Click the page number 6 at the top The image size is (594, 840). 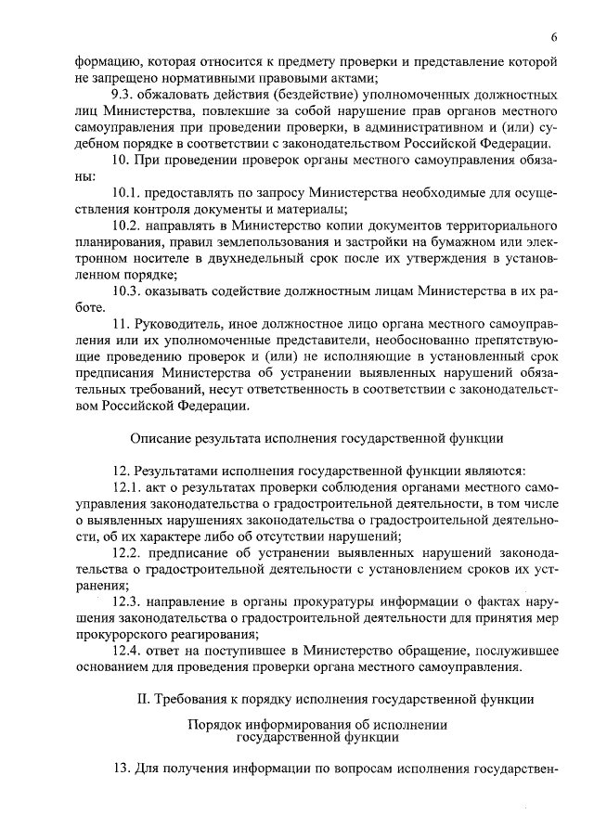coord(553,37)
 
